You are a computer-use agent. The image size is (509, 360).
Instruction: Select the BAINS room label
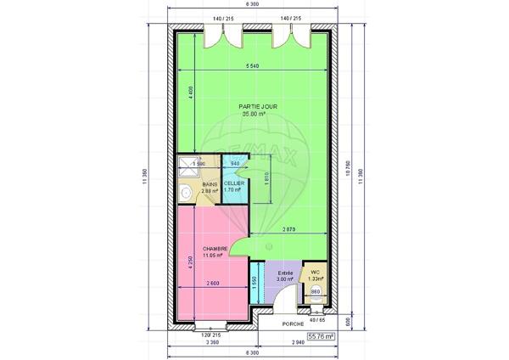[209, 184]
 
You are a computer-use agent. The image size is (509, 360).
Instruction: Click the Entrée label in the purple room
[286, 273]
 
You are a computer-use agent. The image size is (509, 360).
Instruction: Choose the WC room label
[315, 273]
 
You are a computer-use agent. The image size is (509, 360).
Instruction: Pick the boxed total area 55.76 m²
[320, 336]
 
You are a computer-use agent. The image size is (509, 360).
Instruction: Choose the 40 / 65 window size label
[316, 320]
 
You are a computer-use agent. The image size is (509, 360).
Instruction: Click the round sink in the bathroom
[185, 193]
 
